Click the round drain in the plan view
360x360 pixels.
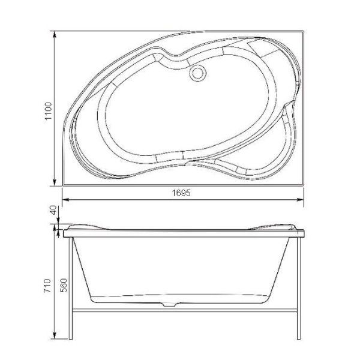click(196, 73)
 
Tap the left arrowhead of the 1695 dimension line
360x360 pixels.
click(65, 199)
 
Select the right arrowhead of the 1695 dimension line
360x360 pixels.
click(300, 199)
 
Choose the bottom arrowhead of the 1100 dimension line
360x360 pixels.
click(56, 183)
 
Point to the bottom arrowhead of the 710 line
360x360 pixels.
click(57, 337)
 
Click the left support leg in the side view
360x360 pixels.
click(73, 288)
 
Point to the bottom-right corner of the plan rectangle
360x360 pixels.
click(302, 185)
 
